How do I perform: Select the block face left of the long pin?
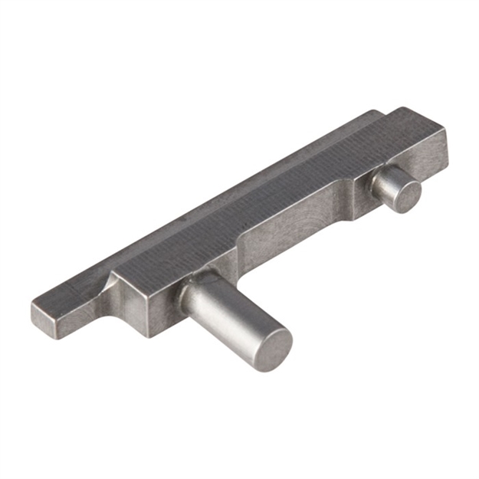click(x=149, y=310)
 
